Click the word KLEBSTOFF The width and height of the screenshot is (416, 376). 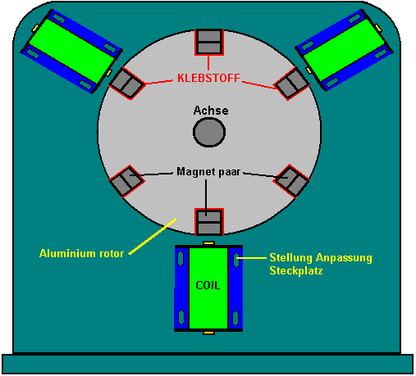[x=208, y=78]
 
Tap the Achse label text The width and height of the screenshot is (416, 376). [x=211, y=111]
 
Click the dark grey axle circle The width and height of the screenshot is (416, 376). [x=209, y=132]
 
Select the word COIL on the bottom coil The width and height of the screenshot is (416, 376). [x=208, y=285]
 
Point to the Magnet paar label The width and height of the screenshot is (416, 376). [x=208, y=172]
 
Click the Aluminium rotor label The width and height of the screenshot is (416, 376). [x=81, y=253]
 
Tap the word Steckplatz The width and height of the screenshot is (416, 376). [x=296, y=270]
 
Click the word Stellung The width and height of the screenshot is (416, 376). [x=291, y=257]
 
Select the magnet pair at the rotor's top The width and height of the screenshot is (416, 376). [x=209, y=42]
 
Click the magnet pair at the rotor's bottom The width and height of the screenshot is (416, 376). [x=209, y=222]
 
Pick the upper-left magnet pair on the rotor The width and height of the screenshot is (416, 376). [x=126, y=83]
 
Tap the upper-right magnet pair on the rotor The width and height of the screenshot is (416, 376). [x=292, y=83]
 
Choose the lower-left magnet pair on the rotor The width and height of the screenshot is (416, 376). [x=126, y=181]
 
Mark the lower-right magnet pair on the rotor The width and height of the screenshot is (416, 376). [x=291, y=181]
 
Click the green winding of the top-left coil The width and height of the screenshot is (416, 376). [x=71, y=51]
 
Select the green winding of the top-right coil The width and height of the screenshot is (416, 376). [x=346, y=50]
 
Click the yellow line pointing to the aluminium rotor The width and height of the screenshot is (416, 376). [x=152, y=236]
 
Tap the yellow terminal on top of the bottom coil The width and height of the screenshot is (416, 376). [x=208, y=242]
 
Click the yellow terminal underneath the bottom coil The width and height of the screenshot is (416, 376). [x=208, y=333]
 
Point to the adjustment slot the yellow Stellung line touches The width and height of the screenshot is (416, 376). [x=235, y=259]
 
